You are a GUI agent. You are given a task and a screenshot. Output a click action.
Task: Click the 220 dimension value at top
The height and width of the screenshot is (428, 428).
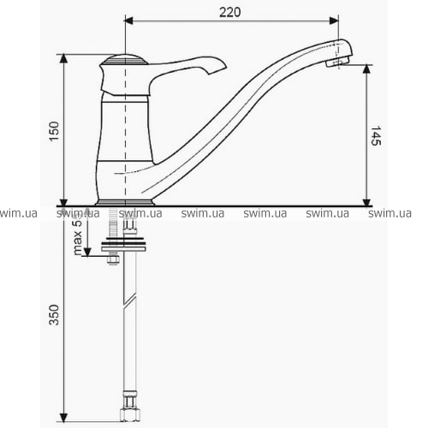tap(229, 12)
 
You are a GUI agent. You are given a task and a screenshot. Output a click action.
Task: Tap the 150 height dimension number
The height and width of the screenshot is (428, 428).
tap(54, 131)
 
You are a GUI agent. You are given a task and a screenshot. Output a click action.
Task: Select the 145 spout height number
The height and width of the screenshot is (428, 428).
tap(376, 135)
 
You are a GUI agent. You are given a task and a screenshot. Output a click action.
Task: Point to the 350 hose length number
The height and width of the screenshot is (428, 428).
tap(54, 315)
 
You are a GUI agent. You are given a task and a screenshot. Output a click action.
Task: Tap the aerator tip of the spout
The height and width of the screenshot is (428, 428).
tap(338, 62)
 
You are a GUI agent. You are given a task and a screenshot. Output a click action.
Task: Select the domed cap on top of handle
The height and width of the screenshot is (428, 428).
tap(124, 59)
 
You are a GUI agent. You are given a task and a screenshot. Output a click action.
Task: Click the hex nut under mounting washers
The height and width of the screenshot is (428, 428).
tap(113, 259)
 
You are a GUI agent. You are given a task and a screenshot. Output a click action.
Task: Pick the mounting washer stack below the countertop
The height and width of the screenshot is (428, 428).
tap(123, 244)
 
